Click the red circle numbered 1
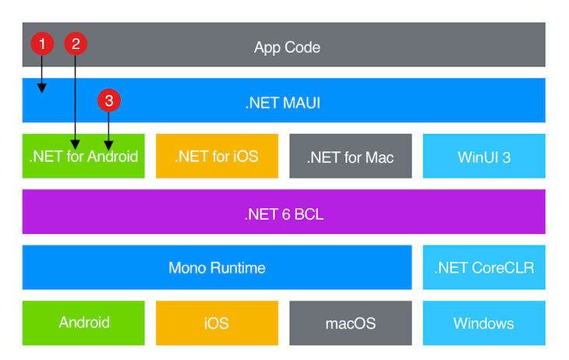(x=42, y=44)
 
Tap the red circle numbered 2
(x=75, y=44)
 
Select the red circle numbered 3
(x=109, y=101)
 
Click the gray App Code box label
(x=287, y=47)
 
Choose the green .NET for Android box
(x=83, y=157)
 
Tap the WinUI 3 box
(x=483, y=157)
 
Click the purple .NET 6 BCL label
(x=283, y=213)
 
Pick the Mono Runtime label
(x=217, y=268)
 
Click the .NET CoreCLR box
(x=483, y=268)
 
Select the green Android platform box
(x=83, y=323)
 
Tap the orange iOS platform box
(x=216, y=323)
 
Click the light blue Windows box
(x=483, y=323)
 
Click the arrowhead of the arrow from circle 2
(x=75, y=143)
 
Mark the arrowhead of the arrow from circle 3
(x=109, y=143)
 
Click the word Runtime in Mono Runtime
(x=239, y=268)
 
